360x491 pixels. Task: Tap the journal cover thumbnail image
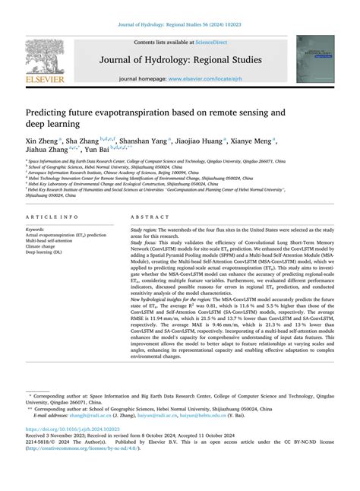[314, 59]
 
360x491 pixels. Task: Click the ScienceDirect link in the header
[212, 43]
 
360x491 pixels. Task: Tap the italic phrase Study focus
[145, 242]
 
